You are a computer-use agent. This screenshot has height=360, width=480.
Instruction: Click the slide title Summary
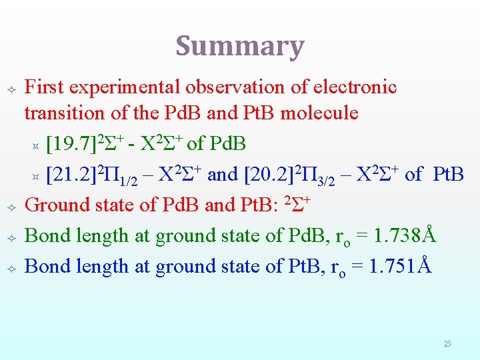tap(239, 46)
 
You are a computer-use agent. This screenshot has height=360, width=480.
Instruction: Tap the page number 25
tap(447, 344)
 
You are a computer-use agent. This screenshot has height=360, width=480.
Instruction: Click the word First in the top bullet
tap(46, 87)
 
